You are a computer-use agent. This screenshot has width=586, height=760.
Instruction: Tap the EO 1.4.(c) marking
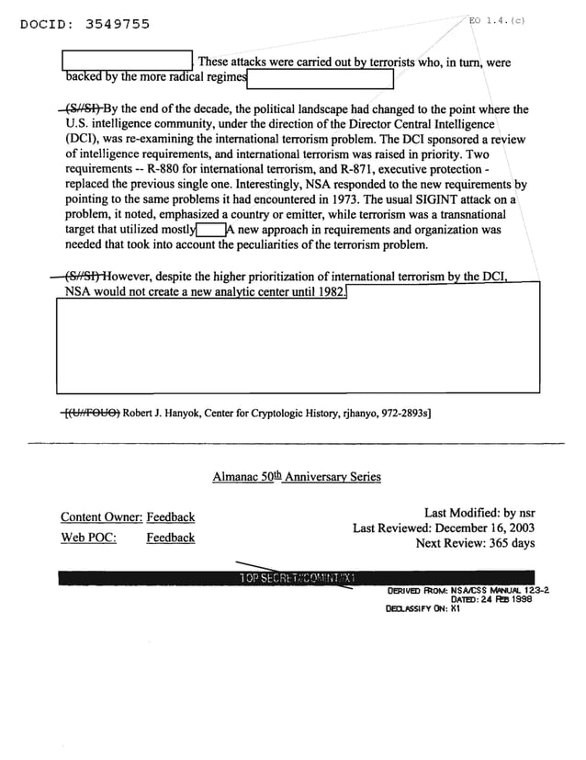tap(497, 20)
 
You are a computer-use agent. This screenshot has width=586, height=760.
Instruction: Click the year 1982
tap(330, 291)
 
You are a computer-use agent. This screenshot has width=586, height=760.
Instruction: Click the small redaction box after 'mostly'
tap(210, 230)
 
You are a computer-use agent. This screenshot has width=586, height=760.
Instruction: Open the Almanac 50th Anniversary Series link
tap(296, 477)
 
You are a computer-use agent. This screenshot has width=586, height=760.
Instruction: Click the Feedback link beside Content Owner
tap(170, 517)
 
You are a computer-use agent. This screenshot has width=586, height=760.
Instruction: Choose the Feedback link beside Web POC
tap(170, 538)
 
